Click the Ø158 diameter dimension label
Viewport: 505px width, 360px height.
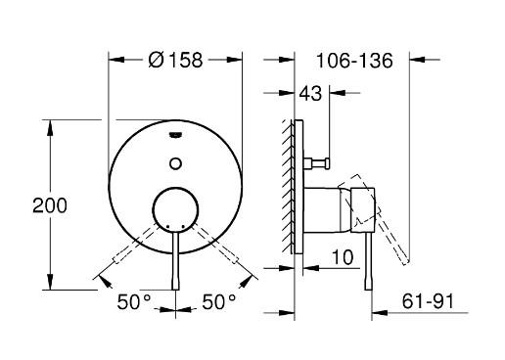point(174,60)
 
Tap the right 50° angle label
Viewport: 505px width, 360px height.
point(219,302)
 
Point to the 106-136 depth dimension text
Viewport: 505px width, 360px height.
point(355,60)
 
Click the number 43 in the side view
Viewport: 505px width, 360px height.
point(312,95)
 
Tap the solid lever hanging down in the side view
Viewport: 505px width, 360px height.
point(368,259)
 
